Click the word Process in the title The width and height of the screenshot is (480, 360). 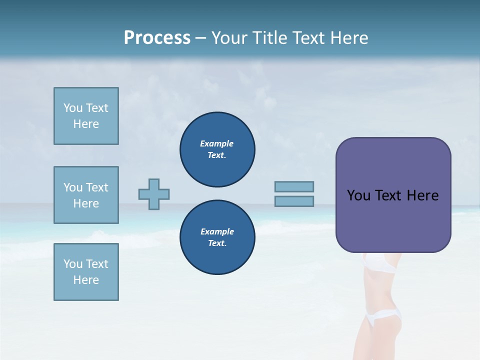click(x=157, y=38)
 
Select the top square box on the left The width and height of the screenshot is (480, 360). click(x=86, y=116)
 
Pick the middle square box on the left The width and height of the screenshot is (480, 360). click(x=86, y=195)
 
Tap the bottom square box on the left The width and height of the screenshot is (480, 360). click(x=86, y=272)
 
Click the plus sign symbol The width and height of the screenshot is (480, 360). click(x=154, y=194)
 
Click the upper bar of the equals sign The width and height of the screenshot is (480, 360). click(x=294, y=186)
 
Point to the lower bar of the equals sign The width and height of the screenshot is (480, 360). click(x=294, y=201)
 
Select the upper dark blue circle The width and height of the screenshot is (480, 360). click(x=217, y=149)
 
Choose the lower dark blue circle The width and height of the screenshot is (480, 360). click(x=217, y=237)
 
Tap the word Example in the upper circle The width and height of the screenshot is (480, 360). click(x=217, y=143)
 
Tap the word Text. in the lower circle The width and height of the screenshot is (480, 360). click(x=217, y=243)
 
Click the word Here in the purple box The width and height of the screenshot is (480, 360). click(x=422, y=195)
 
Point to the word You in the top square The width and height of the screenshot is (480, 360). click(x=72, y=108)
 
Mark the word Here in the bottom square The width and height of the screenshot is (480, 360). click(x=86, y=280)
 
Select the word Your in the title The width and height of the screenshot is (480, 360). click(x=230, y=38)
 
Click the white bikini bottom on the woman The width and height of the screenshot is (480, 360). click(x=383, y=316)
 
